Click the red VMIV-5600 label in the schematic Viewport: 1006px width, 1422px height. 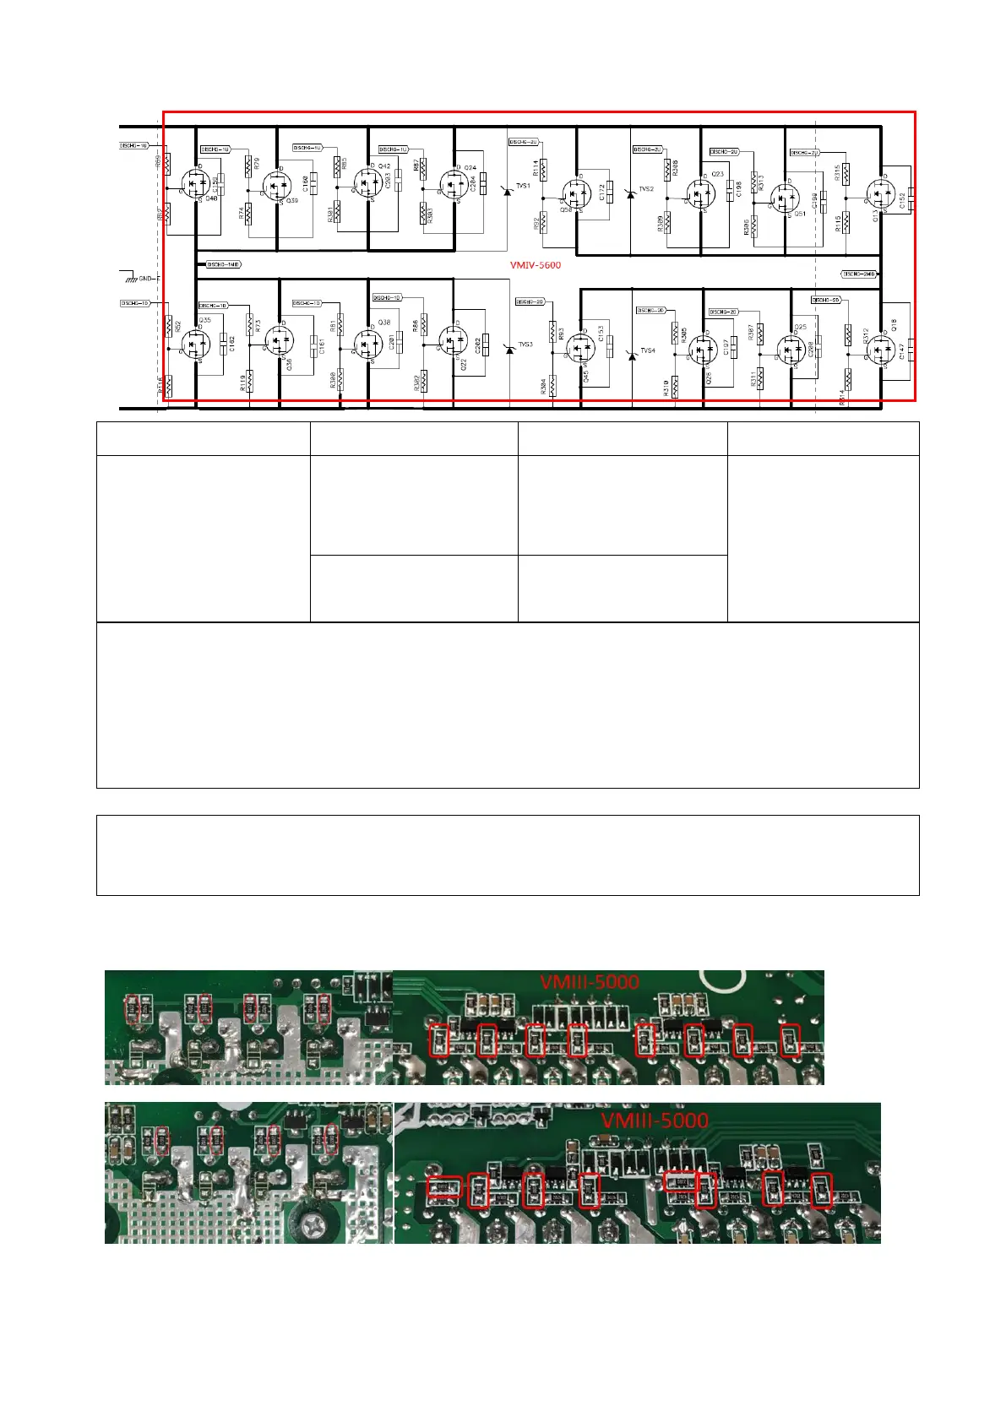coord(535,265)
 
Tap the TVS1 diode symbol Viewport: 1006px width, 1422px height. coord(508,191)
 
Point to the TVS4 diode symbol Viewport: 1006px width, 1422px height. coord(632,355)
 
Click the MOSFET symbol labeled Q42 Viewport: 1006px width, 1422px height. coord(367,182)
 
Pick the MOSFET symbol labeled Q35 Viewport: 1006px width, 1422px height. coord(196,342)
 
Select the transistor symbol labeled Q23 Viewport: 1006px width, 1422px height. coord(700,193)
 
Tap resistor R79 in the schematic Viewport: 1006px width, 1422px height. coord(248,166)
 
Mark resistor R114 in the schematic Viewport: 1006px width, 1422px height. coord(543,170)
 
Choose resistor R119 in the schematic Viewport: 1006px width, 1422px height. coord(250,381)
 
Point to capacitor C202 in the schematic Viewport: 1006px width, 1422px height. coord(484,345)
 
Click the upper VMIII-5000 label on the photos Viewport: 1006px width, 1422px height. coord(590,982)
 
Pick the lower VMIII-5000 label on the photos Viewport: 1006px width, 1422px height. coord(655,1121)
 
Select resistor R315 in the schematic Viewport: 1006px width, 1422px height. coord(846,173)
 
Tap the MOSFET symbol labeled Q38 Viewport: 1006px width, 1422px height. coord(367,344)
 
